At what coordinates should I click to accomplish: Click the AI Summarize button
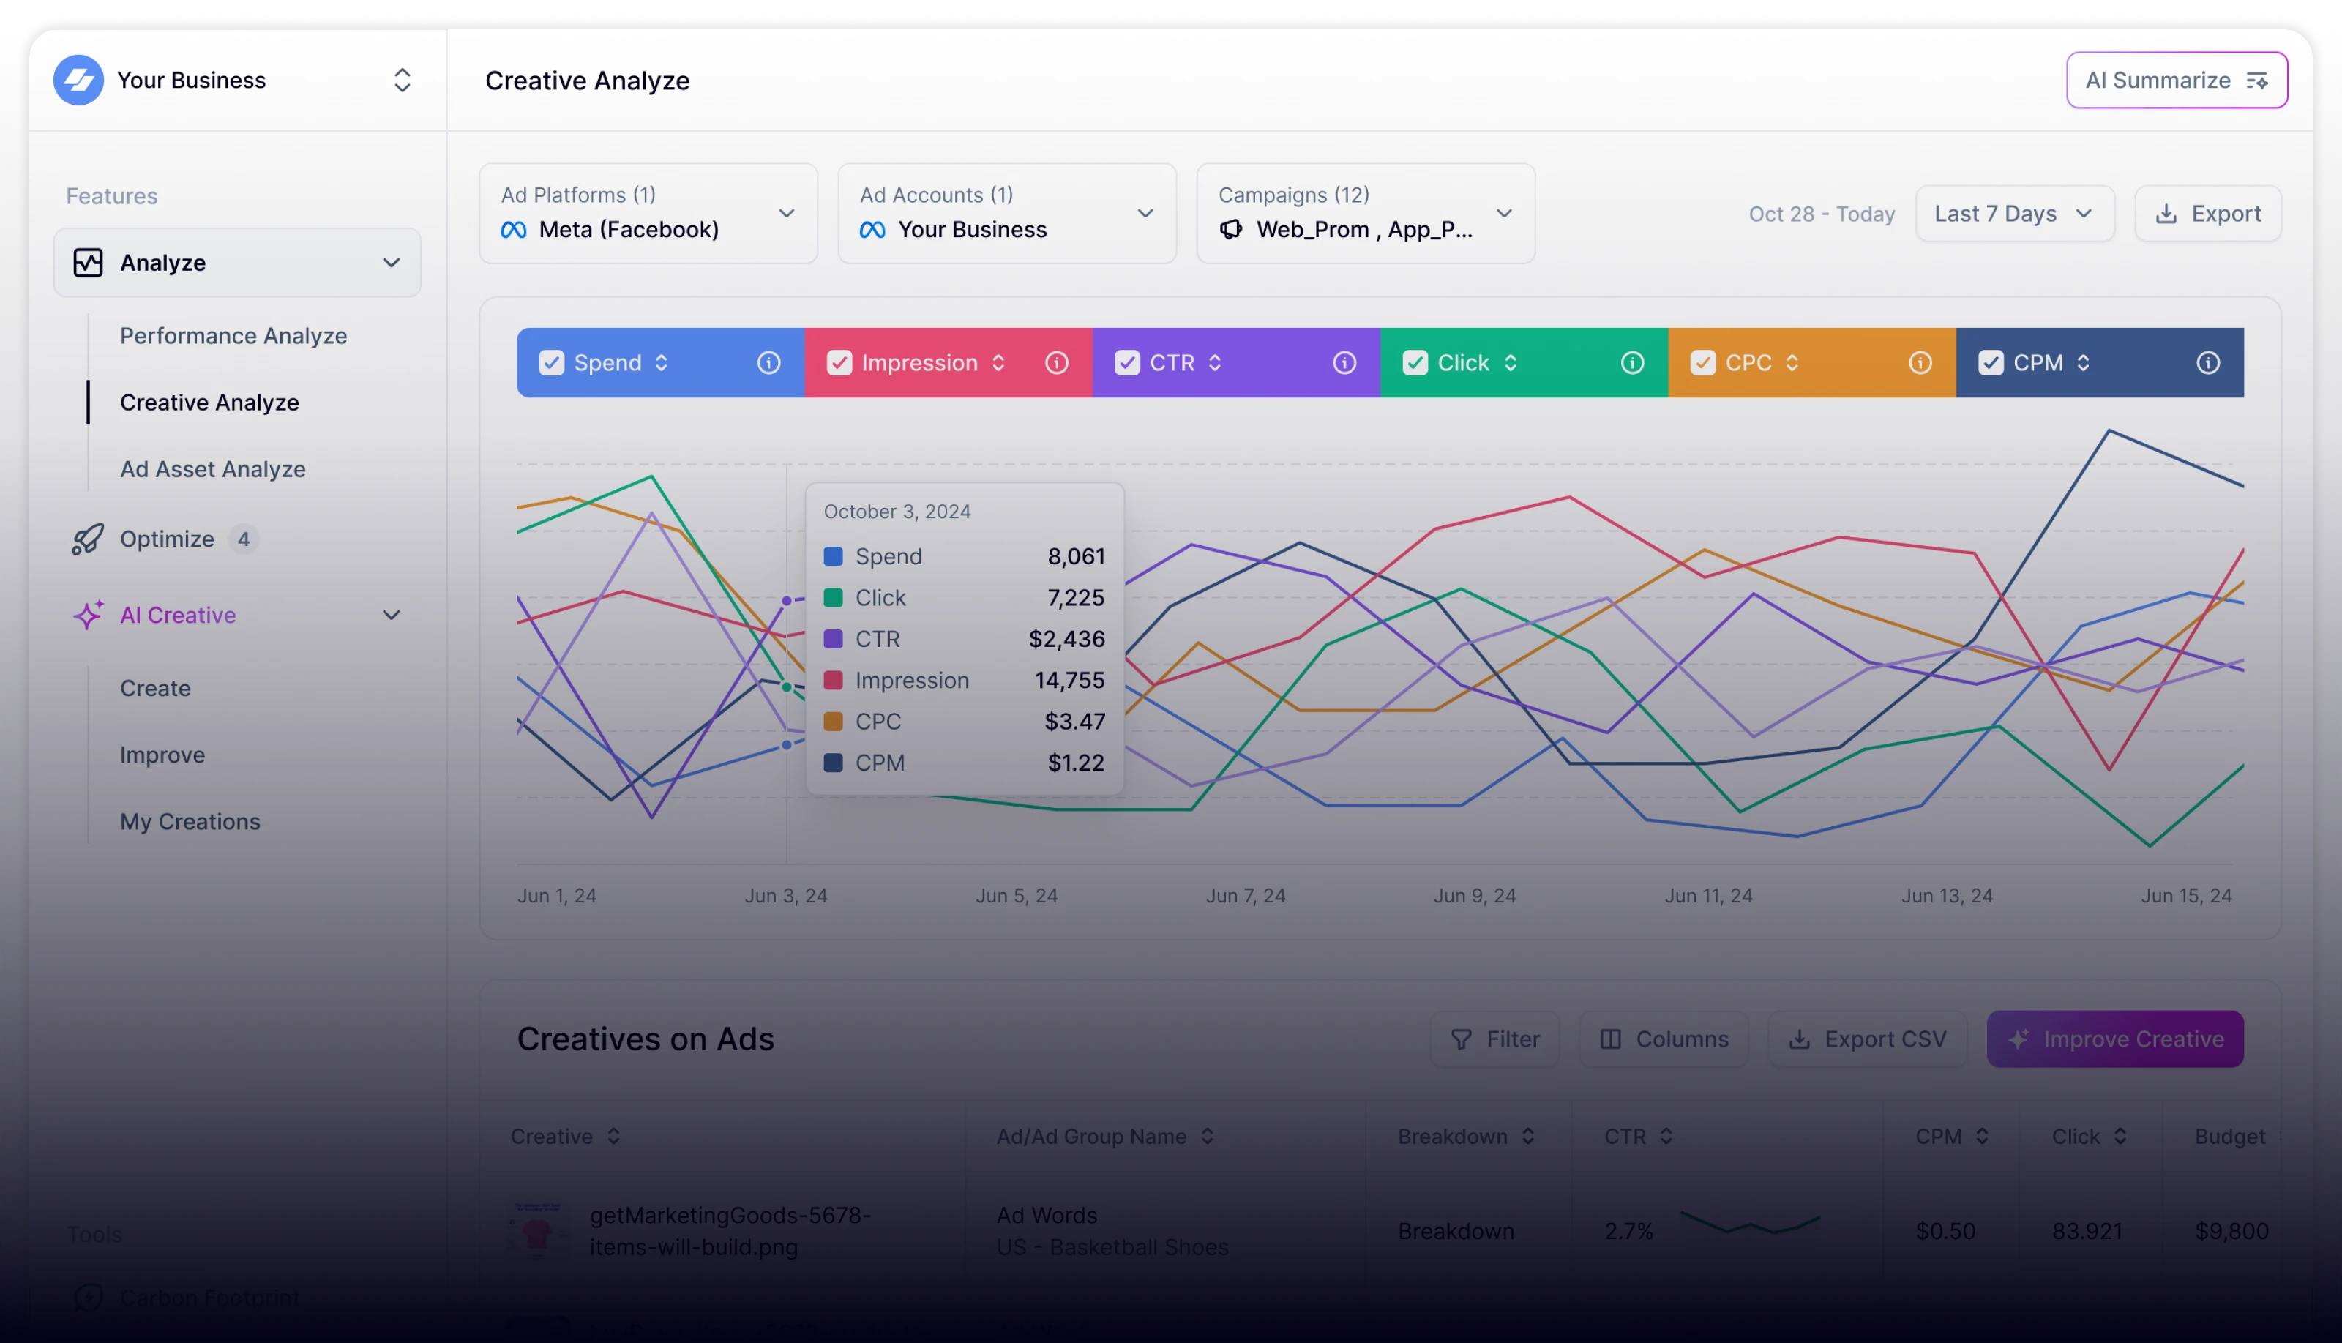click(2176, 81)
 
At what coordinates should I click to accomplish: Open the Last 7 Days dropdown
click(2013, 214)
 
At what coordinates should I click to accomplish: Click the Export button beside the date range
click(2207, 214)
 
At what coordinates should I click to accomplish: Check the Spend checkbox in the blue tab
click(552, 362)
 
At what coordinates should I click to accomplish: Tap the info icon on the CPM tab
click(2207, 362)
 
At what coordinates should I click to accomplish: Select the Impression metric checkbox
click(839, 362)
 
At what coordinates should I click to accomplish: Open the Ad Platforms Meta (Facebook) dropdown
click(648, 214)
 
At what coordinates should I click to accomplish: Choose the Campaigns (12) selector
click(1365, 214)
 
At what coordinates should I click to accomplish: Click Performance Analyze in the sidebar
click(233, 336)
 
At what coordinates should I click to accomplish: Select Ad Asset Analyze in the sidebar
click(212, 468)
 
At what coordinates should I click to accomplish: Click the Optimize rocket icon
click(88, 539)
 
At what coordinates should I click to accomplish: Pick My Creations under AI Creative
click(190, 821)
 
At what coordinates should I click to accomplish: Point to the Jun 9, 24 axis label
click(1474, 896)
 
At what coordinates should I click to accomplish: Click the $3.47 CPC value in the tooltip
click(1074, 722)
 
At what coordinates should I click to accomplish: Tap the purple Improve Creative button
click(2114, 1039)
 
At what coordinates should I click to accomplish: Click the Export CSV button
click(1867, 1039)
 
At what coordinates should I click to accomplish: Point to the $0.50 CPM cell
click(1945, 1232)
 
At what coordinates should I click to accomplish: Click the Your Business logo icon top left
click(78, 81)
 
